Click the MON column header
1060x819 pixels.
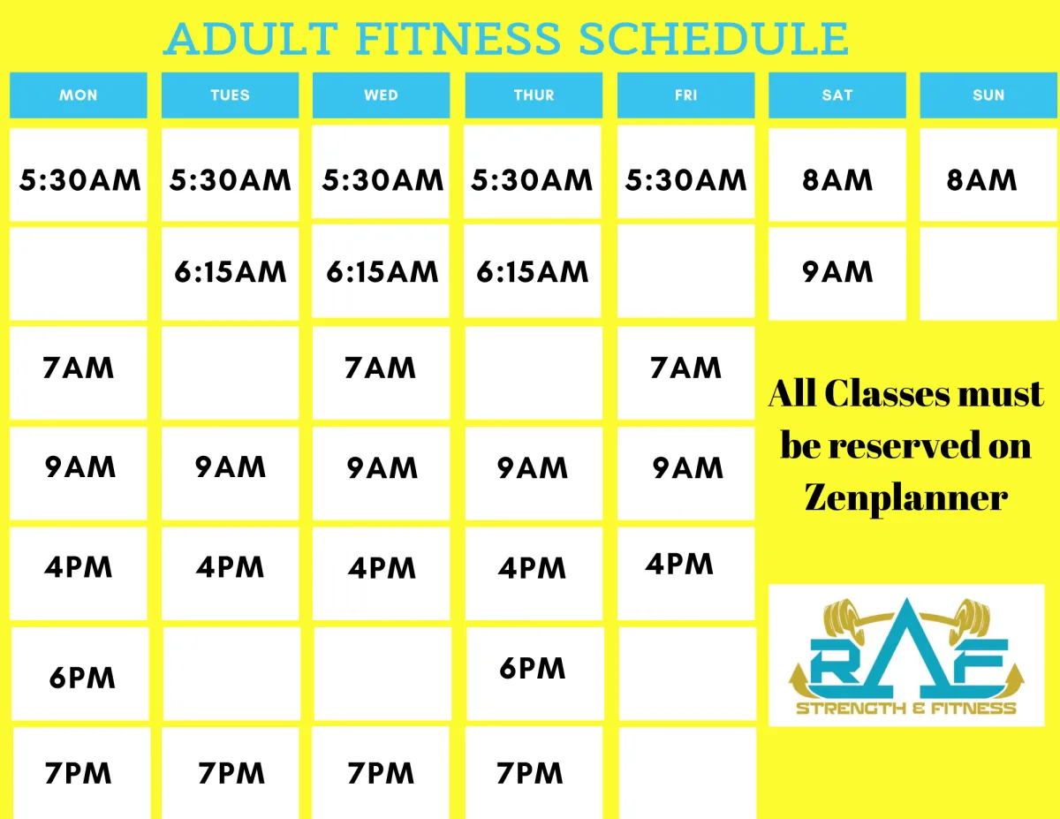pos(78,95)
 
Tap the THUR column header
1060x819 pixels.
pos(534,95)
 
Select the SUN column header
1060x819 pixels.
pos(988,95)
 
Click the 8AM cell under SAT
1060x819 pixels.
pos(837,175)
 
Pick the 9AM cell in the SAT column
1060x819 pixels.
pos(837,274)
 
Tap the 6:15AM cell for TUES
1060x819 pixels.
pos(231,274)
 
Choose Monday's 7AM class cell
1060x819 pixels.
pos(78,373)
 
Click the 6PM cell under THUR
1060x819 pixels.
pos(534,673)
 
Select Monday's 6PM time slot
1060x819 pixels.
pos(80,673)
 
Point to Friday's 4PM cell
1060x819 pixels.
pos(685,573)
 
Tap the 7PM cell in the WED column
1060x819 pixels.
pos(381,773)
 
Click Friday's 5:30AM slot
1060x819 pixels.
pos(685,172)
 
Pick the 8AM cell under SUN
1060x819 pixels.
pos(988,175)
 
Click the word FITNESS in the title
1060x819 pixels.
pos(458,39)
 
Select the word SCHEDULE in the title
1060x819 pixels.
pos(714,39)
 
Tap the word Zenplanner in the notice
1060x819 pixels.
pos(905,498)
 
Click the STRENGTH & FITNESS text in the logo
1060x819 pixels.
pos(905,709)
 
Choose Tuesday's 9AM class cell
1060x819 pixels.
pos(231,474)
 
